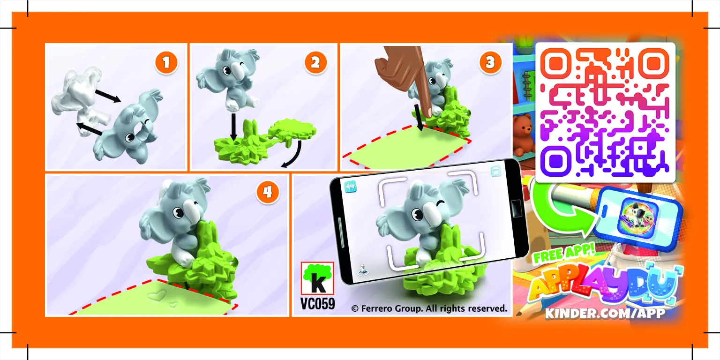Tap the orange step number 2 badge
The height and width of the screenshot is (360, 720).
(x=315, y=62)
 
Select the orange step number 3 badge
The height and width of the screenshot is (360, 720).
(x=490, y=62)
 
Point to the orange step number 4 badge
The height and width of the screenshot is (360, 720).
(x=268, y=193)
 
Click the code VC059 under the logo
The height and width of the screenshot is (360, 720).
(x=317, y=304)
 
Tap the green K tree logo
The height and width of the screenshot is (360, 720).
(x=317, y=278)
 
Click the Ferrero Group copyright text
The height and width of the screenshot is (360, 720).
(x=429, y=308)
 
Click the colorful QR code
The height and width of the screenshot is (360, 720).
(x=605, y=112)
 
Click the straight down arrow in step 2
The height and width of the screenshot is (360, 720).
(x=233, y=127)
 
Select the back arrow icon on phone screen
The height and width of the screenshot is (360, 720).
(x=351, y=186)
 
